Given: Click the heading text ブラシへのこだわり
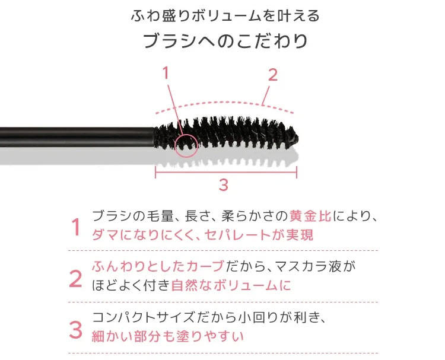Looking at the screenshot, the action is pyautogui.click(x=225, y=41).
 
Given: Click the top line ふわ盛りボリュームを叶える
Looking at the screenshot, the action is pyautogui.click(x=225, y=16).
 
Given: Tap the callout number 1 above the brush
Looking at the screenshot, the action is pyautogui.click(x=166, y=72).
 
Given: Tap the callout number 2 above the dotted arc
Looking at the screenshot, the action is pyautogui.click(x=273, y=75).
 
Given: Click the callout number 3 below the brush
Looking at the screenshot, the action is pyautogui.click(x=224, y=184).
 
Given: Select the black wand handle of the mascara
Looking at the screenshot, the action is pyautogui.click(x=77, y=137).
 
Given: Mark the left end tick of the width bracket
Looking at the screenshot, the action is pyautogui.click(x=155, y=172).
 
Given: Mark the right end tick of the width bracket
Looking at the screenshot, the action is pyautogui.click(x=297, y=172).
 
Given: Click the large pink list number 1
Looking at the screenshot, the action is pyautogui.click(x=76, y=227).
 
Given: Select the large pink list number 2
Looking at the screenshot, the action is pyautogui.click(x=75, y=279).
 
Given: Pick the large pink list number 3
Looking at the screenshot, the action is pyautogui.click(x=75, y=330).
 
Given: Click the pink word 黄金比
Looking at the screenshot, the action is pyautogui.click(x=310, y=216).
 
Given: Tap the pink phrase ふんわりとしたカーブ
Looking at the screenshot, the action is pyautogui.click(x=158, y=266).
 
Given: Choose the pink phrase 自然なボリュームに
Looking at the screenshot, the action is pyautogui.click(x=231, y=285).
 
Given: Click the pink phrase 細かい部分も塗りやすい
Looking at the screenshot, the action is pyautogui.click(x=168, y=336).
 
